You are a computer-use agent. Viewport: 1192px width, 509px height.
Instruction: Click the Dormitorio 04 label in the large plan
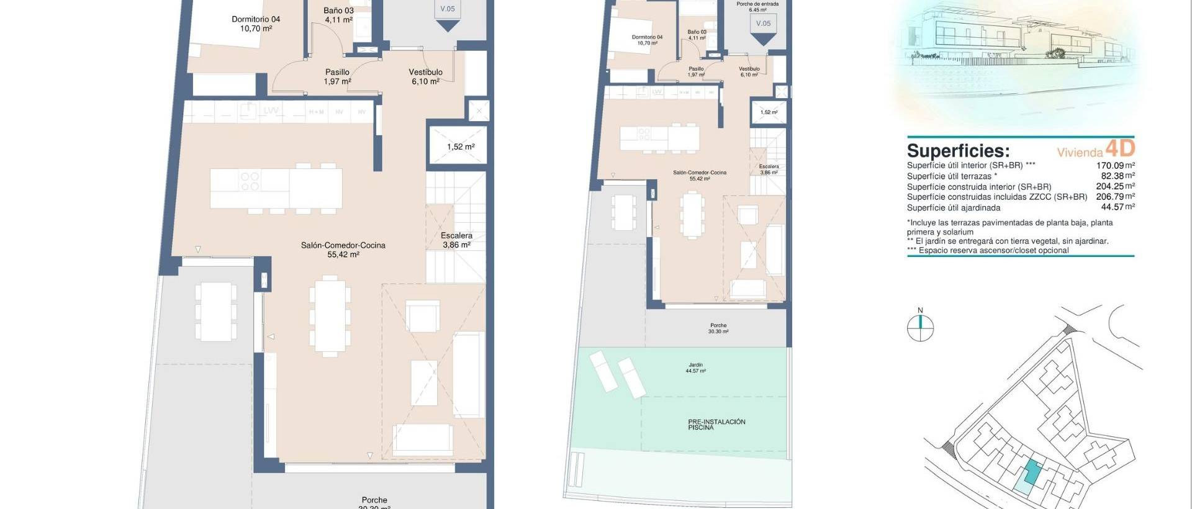point(256,24)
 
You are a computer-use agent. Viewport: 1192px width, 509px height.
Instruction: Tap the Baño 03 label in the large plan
point(338,15)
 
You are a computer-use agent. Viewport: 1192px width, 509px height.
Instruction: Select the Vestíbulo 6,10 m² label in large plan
point(425,76)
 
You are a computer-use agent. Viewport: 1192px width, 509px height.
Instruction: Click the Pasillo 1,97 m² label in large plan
point(337,76)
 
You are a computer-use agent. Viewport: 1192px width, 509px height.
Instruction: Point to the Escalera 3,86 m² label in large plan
point(456,240)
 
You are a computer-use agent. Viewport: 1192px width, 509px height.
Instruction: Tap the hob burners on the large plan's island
point(250,181)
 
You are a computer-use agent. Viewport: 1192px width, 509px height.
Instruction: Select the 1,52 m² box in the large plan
point(460,147)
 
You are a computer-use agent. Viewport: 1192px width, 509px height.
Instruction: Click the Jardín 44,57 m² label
point(695,367)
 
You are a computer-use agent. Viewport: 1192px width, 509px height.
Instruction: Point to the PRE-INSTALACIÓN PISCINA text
point(716,424)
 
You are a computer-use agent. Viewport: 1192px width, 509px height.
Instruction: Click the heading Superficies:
point(958,151)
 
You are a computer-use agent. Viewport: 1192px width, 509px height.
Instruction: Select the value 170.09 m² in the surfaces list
point(1115,166)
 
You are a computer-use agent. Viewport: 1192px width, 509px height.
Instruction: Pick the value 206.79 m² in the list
point(1115,197)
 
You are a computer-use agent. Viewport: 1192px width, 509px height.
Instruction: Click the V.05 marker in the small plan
point(763,24)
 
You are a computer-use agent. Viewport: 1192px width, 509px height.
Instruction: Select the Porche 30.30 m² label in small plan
point(718,328)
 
